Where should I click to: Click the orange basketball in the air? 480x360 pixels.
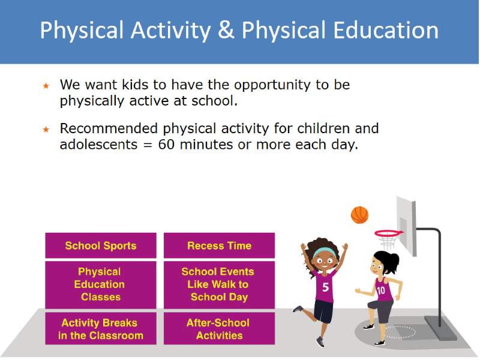[359, 215]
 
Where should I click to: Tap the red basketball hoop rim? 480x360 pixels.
[389, 233]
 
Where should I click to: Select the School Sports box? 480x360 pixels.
[101, 245]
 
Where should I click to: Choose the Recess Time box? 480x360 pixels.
[219, 245]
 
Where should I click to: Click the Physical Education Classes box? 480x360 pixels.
[101, 284]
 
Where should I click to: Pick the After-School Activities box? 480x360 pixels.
[219, 328]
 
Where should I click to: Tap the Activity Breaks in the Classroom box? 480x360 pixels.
[101, 328]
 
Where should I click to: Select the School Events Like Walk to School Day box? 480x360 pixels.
[219, 284]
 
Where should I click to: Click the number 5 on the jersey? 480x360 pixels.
[326, 287]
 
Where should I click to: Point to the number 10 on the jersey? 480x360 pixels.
[381, 290]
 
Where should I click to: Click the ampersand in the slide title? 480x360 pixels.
[226, 30]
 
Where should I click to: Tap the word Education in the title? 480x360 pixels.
[386, 30]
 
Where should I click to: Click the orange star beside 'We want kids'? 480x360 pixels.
[46, 86]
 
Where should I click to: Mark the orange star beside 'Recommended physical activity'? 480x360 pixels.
[46, 130]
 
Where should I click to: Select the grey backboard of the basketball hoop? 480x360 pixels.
[406, 226]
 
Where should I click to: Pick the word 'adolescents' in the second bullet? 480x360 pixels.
[98, 145]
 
